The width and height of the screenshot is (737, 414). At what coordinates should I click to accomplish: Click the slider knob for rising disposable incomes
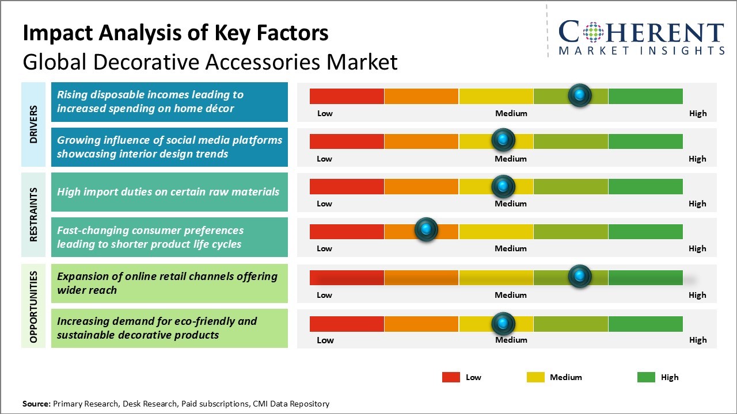pos(580,95)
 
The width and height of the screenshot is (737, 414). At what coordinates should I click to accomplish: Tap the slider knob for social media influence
pos(503,140)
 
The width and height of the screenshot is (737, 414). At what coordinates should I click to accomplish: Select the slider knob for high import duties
pos(503,186)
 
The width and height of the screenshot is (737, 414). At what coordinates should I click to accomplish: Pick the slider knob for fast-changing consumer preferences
pos(427,229)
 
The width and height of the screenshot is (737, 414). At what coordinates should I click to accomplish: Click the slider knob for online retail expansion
pos(580,276)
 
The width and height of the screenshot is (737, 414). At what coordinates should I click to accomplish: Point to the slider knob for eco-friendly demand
pos(503,324)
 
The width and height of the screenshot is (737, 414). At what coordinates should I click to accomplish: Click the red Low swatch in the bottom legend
pos(451,377)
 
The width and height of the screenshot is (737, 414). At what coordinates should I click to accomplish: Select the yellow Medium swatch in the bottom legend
pos(535,377)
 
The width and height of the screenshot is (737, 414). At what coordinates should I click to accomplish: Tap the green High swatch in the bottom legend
pos(646,377)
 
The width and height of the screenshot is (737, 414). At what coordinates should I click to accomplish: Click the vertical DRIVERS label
pos(33,124)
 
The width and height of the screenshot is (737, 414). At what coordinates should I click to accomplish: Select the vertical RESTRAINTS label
pos(33,214)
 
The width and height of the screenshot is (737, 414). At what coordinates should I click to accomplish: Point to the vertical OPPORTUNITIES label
pos(33,307)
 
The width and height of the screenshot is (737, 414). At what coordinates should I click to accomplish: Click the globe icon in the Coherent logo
pos(593,32)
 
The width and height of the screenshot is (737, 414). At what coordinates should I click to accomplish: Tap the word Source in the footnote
pos(36,404)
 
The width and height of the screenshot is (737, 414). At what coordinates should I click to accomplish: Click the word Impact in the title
pos(58,33)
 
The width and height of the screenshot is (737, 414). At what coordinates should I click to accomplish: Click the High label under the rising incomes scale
pos(698,113)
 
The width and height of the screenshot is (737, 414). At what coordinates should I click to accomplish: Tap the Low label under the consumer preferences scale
pos(324,248)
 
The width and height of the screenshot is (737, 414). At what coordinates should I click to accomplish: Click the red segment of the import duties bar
pos(347,187)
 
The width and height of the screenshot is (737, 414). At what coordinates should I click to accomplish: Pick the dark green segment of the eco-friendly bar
pos(645,324)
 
